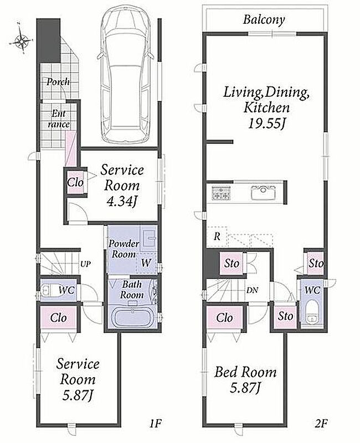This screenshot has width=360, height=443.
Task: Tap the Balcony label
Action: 264,20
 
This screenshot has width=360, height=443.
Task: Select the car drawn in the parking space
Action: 126,75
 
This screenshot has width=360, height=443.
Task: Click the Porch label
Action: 58,82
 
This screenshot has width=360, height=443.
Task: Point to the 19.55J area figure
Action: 266,123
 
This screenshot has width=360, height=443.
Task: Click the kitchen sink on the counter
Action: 264,192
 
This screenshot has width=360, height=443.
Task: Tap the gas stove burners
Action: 222,193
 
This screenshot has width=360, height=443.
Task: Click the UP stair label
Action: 86,264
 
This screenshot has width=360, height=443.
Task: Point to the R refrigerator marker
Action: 217,236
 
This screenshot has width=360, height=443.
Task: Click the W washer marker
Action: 146,262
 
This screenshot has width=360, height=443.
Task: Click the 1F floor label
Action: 156,423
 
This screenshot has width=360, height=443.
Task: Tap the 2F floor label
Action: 321,423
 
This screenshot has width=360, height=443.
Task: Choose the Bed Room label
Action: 245,372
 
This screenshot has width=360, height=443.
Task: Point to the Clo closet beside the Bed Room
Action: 225,318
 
